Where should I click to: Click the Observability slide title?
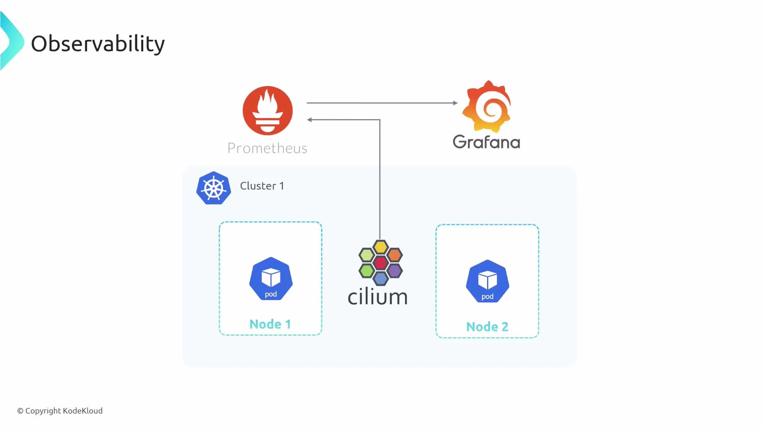click(x=97, y=44)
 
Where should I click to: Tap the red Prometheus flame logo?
click(x=267, y=111)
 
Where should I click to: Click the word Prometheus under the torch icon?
click(x=267, y=148)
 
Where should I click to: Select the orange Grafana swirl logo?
click(x=487, y=107)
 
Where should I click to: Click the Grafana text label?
click(x=486, y=142)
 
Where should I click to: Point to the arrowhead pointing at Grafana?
click(x=455, y=103)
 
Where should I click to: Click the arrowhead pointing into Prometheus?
click(x=310, y=119)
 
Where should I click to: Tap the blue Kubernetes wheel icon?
click(x=214, y=188)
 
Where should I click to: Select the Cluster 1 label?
click(x=262, y=186)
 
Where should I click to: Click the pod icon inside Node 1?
click(x=271, y=279)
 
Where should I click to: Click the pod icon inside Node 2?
click(x=487, y=281)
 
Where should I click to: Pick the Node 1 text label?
click(x=270, y=324)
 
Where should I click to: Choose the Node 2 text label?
click(x=487, y=327)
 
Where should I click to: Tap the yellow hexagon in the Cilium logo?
click(x=380, y=247)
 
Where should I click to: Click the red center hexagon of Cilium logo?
click(x=380, y=263)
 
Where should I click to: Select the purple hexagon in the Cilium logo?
click(x=394, y=271)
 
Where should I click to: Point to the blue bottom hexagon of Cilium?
click(x=380, y=278)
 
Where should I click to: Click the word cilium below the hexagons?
click(x=378, y=297)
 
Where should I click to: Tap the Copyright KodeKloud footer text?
click(x=60, y=410)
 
